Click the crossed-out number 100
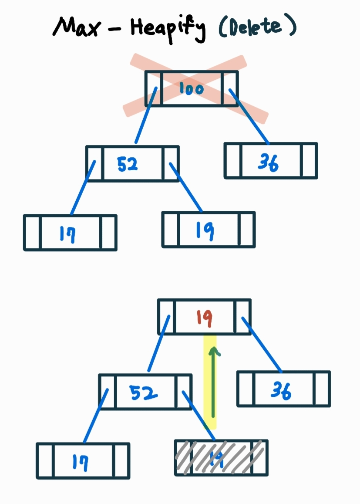pos(191,89)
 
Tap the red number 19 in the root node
pos(204,318)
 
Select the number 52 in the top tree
pos(128,164)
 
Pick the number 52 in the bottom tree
pos(144,393)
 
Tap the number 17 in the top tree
pos(67,234)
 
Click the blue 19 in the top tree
pos(205,230)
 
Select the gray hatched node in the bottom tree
pos(221,458)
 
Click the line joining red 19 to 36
pos(262,345)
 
